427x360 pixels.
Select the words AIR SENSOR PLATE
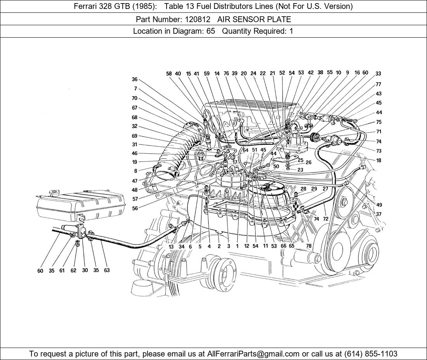(x=254, y=19)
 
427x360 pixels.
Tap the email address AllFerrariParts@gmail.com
(x=253, y=354)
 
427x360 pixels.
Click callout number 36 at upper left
(x=134, y=80)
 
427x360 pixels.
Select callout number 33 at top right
(x=378, y=73)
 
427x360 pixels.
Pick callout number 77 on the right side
(x=378, y=84)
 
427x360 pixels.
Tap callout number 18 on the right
(x=378, y=161)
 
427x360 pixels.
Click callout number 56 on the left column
(x=135, y=208)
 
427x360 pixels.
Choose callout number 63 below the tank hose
(x=107, y=270)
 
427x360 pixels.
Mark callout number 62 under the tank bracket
(x=73, y=270)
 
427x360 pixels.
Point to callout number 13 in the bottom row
(x=171, y=246)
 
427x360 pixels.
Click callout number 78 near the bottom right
(x=309, y=246)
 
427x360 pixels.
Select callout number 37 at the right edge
(x=378, y=214)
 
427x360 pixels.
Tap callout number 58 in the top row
(x=169, y=73)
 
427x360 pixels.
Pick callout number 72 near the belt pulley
(x=325, y=219)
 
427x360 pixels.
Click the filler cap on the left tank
(x=54, y=192)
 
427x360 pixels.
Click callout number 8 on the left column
(x=135, y=171)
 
